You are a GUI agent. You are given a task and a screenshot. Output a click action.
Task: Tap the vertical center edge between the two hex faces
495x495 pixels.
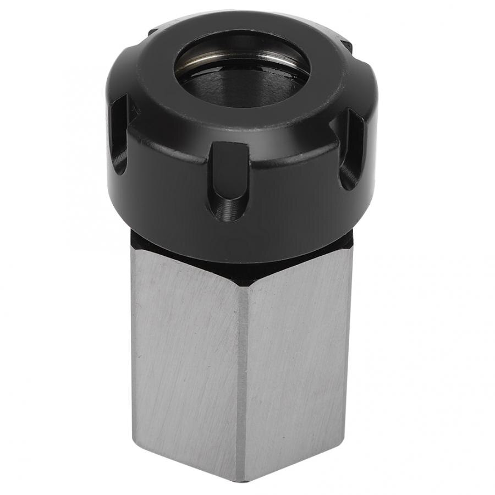[241, 374]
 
